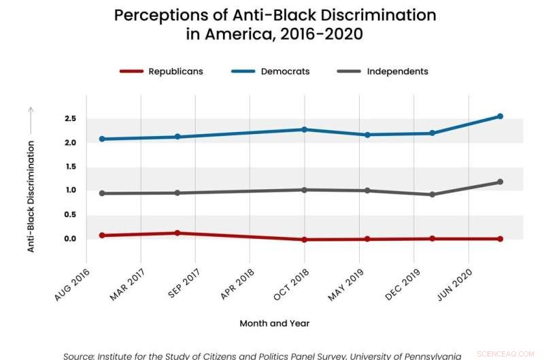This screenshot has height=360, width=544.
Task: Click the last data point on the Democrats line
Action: click(x=500, y=116)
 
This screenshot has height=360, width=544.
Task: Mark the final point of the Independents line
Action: click(x=500, y=182)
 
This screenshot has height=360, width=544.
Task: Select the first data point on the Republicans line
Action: click(x=102, y=235)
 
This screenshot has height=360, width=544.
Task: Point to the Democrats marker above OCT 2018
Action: click(x=305, y=129)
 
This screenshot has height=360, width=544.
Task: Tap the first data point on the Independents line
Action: click(x=102, y=193)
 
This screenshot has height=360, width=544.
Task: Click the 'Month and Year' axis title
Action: click(x=274, y=323)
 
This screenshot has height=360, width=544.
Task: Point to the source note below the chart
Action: click(x=262, y=355)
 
